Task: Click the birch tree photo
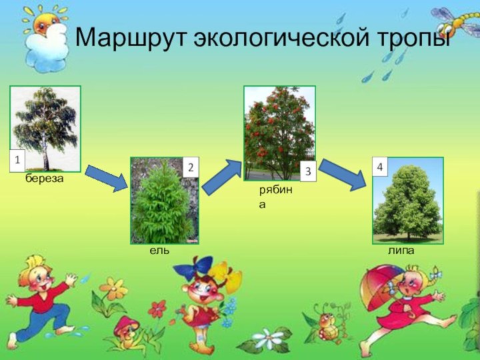click(x=45, y=128)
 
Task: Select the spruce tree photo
click(x=165, y=201)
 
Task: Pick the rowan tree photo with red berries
click(x=279, y=133)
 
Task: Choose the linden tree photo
click(x=407, y=200)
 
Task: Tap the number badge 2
click(x=190, y=167)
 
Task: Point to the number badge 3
click(x=307, y=172)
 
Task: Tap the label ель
click(x=159, y=251)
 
